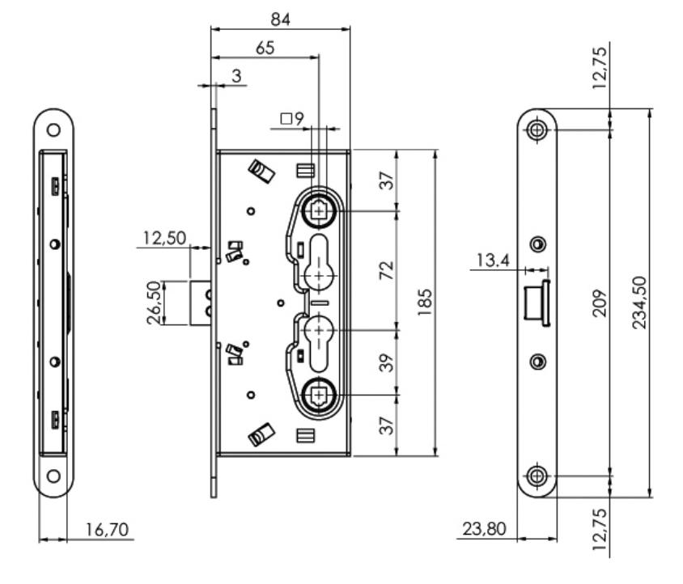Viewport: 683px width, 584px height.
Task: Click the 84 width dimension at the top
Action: [279, 16]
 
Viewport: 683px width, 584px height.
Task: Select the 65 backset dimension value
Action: [264, 48]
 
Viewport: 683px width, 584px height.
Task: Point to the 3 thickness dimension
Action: [235, 75]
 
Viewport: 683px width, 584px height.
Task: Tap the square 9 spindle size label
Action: [291, 119]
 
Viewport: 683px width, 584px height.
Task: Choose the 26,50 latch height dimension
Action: [151, 303]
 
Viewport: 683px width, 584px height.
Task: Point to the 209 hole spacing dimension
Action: [596, 303]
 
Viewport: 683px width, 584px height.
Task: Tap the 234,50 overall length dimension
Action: [638, 303]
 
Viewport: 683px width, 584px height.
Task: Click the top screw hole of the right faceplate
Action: [537, 129]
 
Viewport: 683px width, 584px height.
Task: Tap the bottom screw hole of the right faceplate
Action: [537, 476]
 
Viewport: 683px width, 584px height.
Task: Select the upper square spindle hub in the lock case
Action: [320, 211]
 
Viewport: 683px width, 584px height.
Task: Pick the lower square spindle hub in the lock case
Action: [320, 396]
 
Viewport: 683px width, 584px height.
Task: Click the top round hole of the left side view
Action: [53, 129]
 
